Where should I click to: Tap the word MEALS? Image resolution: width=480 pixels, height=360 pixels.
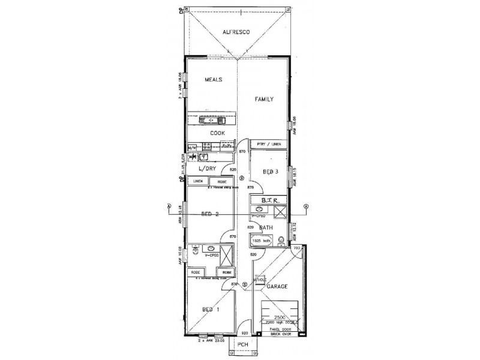[x=214, y=79]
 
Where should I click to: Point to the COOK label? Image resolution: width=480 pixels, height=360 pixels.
[x=217, y=133]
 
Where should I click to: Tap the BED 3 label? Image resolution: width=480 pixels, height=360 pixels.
[x=270, y=172]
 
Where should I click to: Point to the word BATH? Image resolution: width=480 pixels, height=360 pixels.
[x=266, y=227]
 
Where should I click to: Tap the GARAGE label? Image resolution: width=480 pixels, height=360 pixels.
[x=278, y=286]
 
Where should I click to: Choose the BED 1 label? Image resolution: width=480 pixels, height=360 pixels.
[x=209, y=310]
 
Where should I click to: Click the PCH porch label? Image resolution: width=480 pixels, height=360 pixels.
[x=243, y=344]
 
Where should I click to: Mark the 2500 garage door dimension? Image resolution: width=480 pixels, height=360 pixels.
[x=280, y=317]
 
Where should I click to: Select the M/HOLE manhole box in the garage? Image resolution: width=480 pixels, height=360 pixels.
[x=259, y=279]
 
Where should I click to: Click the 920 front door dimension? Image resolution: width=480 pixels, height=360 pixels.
[x=244, y=333]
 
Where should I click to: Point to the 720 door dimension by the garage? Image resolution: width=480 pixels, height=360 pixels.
[x=296, y=248]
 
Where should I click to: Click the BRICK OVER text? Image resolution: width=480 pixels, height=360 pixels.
[x=279, y=333]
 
